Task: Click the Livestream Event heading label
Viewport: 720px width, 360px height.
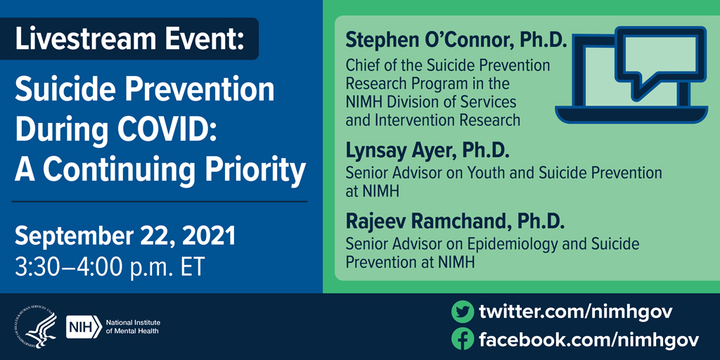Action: (130, 39)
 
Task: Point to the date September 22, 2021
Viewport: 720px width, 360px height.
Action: (124, 236)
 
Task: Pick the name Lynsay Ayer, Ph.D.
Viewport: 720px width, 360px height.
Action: (427, 150)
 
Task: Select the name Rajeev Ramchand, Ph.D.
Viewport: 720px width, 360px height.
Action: (455, 222)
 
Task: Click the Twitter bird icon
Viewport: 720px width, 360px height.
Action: (462, 311)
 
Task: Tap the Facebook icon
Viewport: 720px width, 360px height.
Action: (462, 340)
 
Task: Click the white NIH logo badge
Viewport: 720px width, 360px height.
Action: (82, 327)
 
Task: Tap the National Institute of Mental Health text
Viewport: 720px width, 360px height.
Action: (132, 327)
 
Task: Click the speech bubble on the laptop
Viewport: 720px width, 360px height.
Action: (659, 58)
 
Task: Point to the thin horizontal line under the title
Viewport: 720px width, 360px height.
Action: (160, 202)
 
